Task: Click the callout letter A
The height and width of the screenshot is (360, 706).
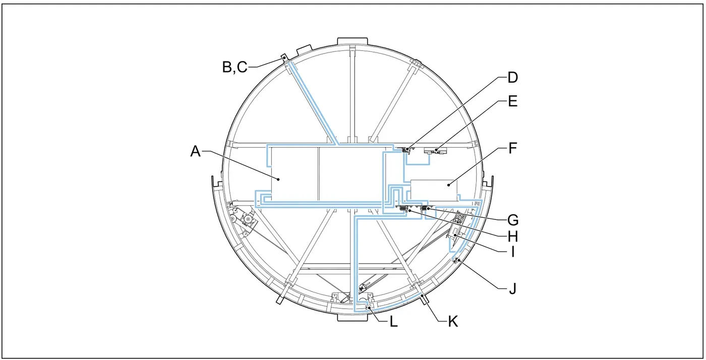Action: [196, 151]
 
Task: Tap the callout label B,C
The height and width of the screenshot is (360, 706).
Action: [235, 67]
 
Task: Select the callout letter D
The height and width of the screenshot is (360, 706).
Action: [512, 78]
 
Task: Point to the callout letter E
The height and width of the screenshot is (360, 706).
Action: [512, 101]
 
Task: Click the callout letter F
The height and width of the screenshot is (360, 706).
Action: [513, 148]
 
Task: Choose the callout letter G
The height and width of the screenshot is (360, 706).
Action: [513, 220]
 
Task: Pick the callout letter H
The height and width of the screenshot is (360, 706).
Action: [513, 236]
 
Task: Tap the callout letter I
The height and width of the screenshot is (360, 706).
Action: [513, 252]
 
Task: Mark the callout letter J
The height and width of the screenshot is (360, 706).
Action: [512, 288]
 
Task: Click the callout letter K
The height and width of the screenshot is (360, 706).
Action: [453, 322]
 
